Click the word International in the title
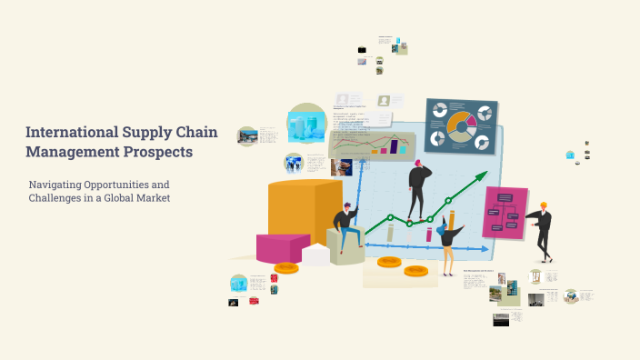click(x=68, y=133)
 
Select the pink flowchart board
click(x=505, y=213)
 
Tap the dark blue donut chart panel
click(x=461, y=126)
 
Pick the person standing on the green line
click(x=418, y=188)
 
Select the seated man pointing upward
click(x=346, y=227)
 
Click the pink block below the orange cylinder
click(x=282, y=247)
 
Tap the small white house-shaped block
click(x=316, y=255)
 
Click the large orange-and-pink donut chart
click(x=461, y=128)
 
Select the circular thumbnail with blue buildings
click(x=306, y=124)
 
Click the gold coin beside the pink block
click(x=286, y=267)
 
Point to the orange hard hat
click(x=544, y=205)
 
